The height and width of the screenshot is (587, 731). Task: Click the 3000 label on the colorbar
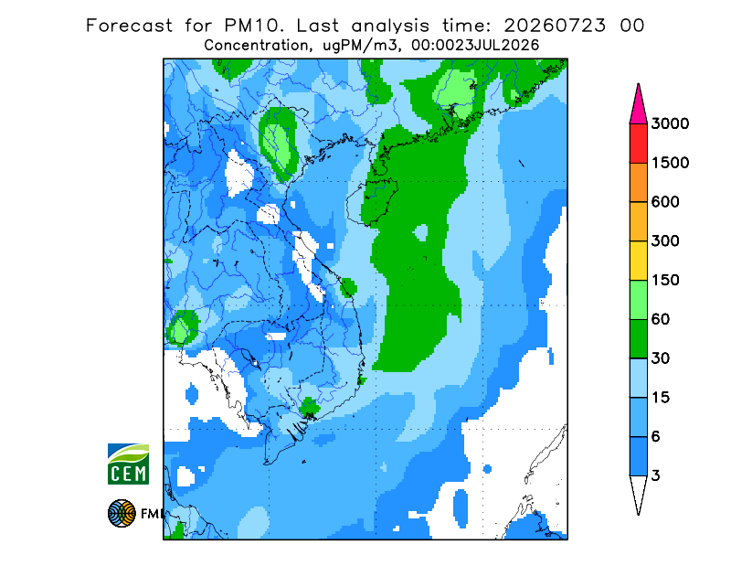670,123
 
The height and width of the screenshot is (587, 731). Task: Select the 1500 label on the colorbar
670,163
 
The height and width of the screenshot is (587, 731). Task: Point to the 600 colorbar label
665,202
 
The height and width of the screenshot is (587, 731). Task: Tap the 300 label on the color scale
665,241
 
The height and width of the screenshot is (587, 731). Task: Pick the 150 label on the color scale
665,281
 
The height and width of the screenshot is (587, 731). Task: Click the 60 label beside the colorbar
661,320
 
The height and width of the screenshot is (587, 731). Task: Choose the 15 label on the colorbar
661,398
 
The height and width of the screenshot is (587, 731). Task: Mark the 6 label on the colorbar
656,437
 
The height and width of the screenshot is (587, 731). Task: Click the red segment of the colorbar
638,144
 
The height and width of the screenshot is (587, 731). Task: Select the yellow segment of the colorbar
638,261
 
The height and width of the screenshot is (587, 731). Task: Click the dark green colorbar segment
638,339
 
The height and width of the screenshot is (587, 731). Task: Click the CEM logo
128,464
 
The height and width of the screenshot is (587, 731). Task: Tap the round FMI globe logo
122,513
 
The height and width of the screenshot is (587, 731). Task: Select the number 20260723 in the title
555,26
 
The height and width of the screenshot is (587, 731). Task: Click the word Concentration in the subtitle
256,46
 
